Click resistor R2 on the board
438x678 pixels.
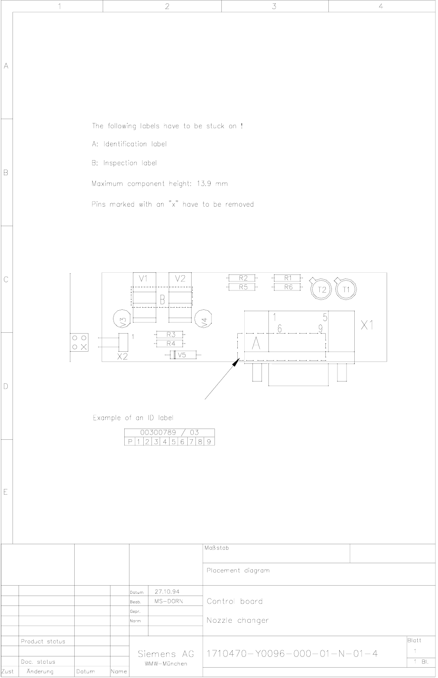point(243,278)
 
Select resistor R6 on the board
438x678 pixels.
point(288,287)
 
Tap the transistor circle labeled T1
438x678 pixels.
point(346,289)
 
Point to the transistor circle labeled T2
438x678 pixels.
point(321,289)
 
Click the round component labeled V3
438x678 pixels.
point(122,319)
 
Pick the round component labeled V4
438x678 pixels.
point(203,319)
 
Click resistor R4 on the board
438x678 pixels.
point(170,344)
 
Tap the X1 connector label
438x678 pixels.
point(367,325)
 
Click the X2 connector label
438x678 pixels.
point(122,356)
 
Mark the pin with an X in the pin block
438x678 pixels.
point(84,347)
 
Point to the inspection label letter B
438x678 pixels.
point(162,300)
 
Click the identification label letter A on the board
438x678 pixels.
point(256,343)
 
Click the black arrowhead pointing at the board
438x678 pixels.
point(236,363)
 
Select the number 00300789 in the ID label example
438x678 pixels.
point(158,432)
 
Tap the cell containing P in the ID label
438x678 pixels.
point(129,441)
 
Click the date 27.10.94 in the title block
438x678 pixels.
point(167,592)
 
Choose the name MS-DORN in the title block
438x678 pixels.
point(169,601)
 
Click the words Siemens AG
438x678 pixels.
point(166,654)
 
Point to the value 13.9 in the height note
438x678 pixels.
point(204,183)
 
